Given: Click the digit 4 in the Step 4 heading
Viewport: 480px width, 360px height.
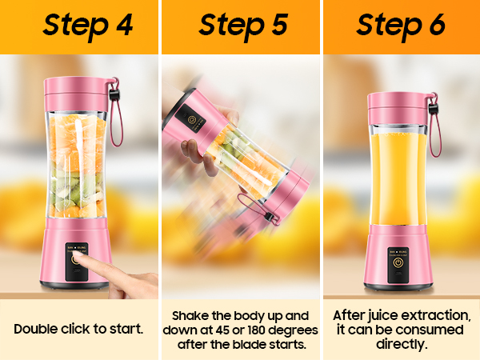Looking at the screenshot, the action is (125, 25).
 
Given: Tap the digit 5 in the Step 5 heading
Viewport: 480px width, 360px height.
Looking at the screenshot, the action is (279, 24).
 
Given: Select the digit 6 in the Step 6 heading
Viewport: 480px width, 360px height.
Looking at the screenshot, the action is (437, 24).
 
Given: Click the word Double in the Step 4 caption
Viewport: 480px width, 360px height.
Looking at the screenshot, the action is (36, 329).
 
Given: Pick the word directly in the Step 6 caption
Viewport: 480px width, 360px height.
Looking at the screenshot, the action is (402, 344).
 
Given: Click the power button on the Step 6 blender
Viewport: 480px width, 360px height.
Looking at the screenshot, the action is (398, 262).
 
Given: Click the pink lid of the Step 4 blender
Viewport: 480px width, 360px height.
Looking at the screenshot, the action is (77, 94).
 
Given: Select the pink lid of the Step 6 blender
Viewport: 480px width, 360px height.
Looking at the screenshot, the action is (398, 108).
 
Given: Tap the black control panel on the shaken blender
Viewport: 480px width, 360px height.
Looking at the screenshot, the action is (190, 119).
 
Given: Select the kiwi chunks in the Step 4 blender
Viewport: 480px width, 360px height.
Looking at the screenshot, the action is (77, 186).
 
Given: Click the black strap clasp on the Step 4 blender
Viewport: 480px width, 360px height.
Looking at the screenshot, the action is (114, 94).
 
